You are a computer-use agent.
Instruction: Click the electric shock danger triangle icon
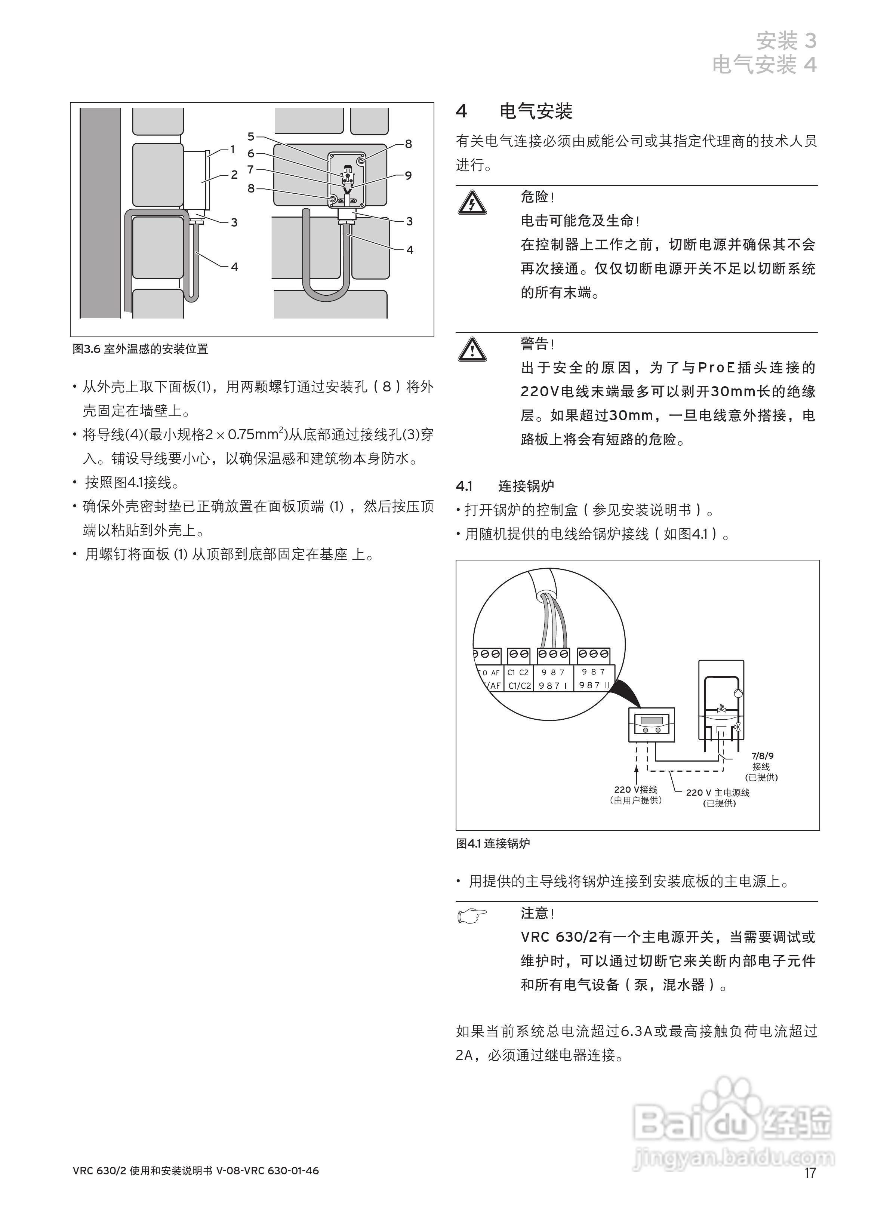click(x=472, y=203)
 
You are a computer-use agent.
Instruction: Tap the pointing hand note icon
click(x=472, y=915)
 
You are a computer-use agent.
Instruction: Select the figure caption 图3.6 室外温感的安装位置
click(x=141, y=349)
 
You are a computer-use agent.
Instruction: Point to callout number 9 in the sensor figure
click(x=408, y=175)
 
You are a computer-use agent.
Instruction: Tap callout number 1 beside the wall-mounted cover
click(x=233, y=149)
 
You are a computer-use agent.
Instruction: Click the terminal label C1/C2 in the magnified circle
click(x=519, y=685)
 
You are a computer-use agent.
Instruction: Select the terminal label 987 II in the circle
click(x=593, y=685)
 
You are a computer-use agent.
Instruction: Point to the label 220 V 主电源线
click(x=718, y=793)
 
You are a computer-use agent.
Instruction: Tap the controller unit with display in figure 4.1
click(x=652, y=725)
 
